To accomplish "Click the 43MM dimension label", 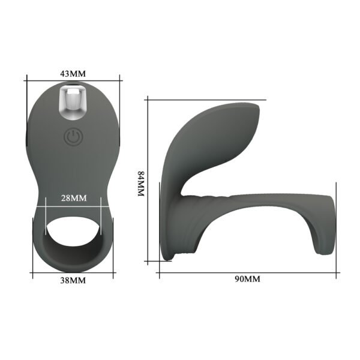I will click(73, 73).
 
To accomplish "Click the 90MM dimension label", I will click(247, 280).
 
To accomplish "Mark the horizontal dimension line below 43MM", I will click(73, 81).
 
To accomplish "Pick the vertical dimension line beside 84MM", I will click(148, 180).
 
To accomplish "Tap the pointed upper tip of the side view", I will click(259, 108).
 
